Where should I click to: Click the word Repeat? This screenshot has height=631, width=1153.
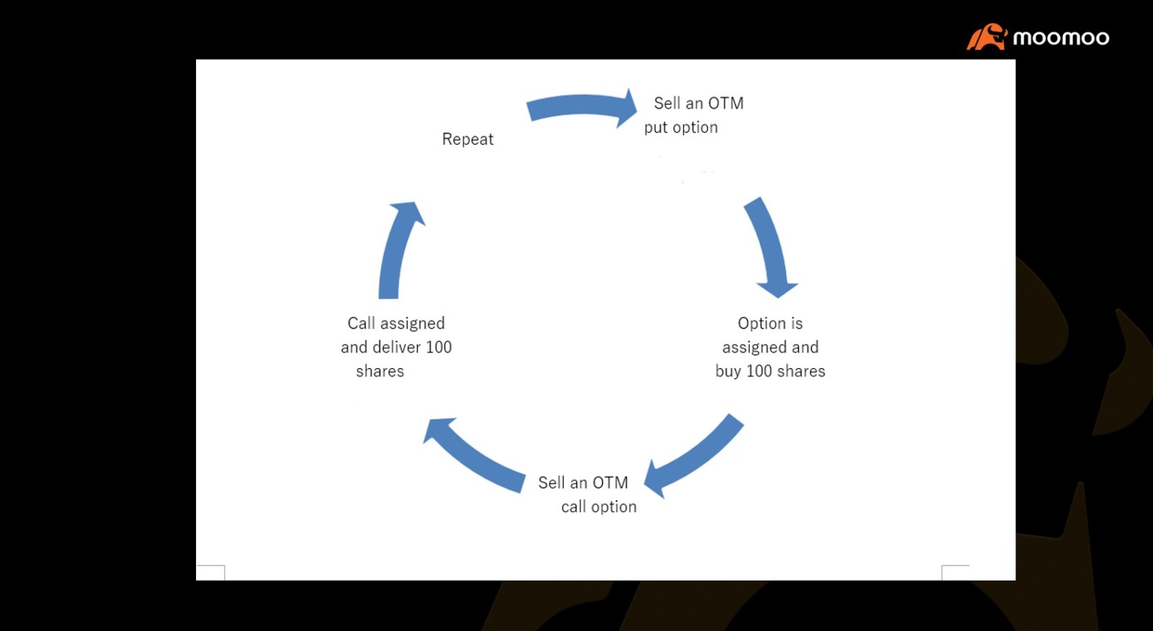(468, 139)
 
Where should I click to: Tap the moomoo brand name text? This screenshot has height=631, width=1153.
(1061, 37)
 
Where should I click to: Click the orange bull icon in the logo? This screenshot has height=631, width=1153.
(987, 37)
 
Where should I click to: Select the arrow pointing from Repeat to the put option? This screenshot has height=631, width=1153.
(582, 107)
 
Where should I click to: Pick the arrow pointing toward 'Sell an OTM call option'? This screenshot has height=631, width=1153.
(695, 455)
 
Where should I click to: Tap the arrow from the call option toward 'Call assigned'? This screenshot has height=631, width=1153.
(473, 455)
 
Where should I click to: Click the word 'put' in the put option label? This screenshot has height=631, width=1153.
(656, 127)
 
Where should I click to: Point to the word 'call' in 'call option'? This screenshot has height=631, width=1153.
(574, 506)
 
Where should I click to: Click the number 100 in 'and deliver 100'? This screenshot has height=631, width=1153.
(439, 347)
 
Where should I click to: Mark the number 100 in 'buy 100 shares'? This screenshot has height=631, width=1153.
(760, 371)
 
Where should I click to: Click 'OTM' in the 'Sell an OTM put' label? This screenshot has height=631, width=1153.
(726, 104)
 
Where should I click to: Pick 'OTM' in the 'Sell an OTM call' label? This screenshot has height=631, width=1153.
(610, 483)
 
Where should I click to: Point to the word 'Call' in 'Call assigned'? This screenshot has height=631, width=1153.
(360, 323)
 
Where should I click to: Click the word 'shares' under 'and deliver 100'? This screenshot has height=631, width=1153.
(380, 371)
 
